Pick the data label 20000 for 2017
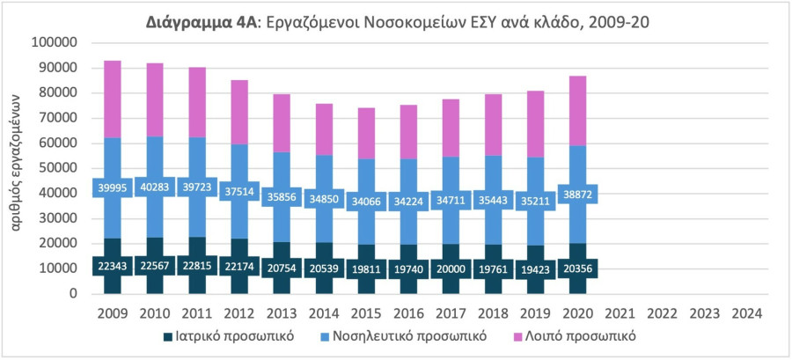(450, 266)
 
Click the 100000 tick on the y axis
(55, 42)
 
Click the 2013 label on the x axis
(282, 312)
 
